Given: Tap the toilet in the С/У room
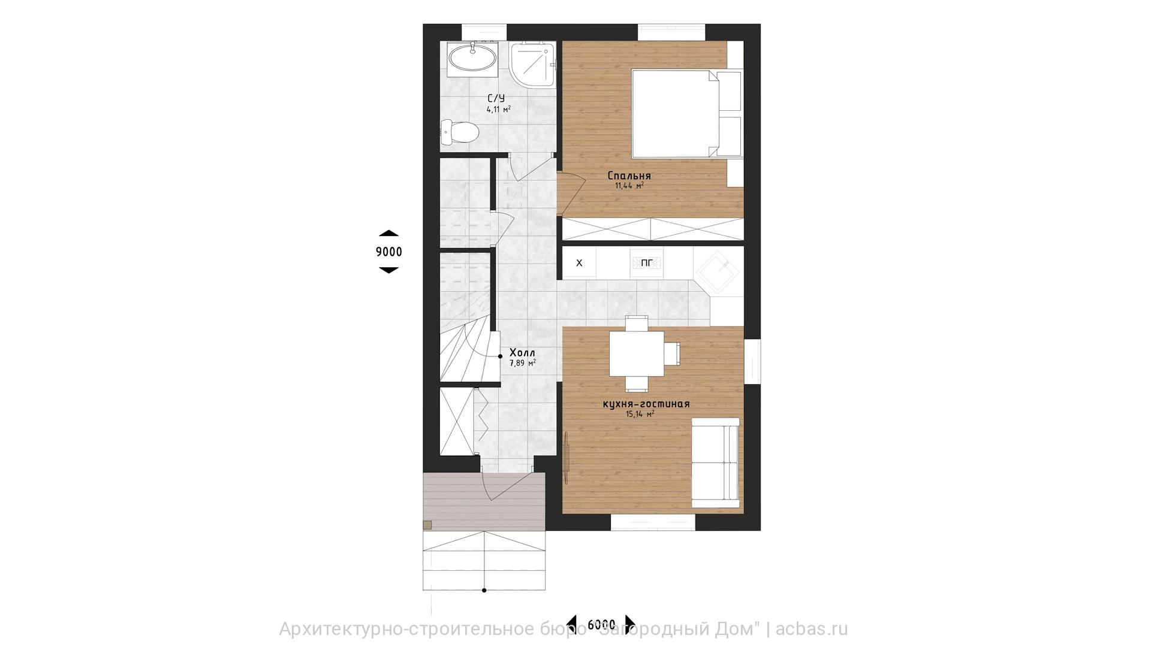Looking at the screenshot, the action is click(459, 132).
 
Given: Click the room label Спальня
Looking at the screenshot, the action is click(629, 176).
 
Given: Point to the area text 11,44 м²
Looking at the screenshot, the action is click(629, 186).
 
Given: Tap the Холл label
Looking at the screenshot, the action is click(522, 353).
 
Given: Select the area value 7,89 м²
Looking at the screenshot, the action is click(522, 363).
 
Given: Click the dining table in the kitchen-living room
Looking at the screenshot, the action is click(636, 353).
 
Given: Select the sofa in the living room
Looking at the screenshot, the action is click(716, 458).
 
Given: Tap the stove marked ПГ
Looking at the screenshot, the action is click(647, 262).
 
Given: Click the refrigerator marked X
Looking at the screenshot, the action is click(579, 262).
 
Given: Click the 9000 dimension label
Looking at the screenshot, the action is click(389, 252).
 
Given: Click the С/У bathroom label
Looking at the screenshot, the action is click(497, 98).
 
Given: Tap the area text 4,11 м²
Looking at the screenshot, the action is click(499, 110).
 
